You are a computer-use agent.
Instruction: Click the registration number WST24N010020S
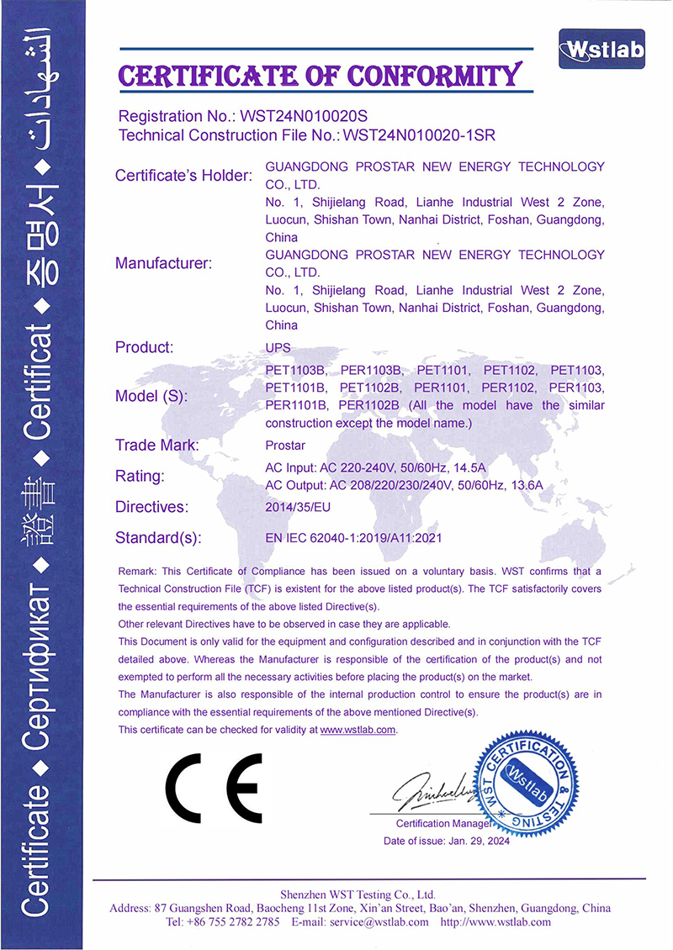click(305, 115)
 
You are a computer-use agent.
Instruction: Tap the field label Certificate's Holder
click(183, 176)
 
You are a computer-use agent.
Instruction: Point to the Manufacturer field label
click(163, 263)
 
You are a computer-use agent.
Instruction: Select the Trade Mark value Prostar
click(284, 445)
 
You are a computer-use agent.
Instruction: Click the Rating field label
click(139, 476)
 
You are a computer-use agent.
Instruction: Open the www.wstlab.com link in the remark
click(358, 730)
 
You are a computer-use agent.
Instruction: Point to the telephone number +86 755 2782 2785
click(235, 921)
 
